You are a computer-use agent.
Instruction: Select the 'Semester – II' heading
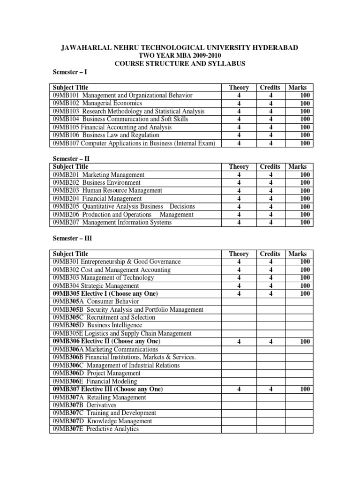point(71,159)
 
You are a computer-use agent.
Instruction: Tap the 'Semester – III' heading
point(72,238)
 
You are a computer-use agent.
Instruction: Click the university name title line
point(180,48)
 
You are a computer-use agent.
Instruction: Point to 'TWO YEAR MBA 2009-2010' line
point(180,56)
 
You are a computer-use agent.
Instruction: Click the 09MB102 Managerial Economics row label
point(97,103)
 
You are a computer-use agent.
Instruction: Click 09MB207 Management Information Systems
point(112,223)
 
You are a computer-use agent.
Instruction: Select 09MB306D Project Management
point(97,373)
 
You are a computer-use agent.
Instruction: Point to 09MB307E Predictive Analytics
point(96,429)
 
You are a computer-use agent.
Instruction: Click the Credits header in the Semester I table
point(270,88)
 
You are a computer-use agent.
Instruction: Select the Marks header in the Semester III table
point(298,254)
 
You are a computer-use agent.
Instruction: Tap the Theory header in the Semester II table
point(239,167)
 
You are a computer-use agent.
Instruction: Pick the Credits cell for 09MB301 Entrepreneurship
point(270,262)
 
